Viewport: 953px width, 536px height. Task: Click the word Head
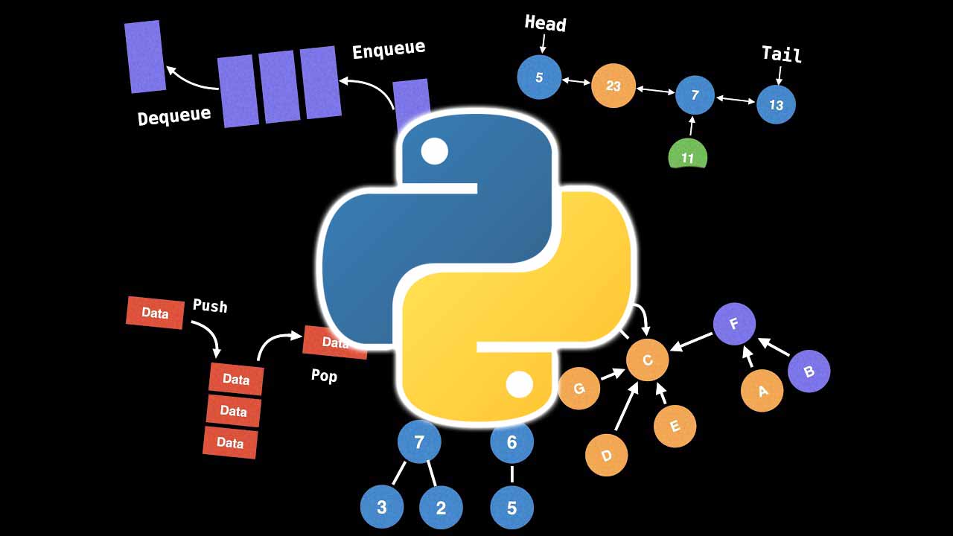[545, 23]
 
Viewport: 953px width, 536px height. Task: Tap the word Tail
[781, 54]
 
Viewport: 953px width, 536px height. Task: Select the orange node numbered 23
[613, 86]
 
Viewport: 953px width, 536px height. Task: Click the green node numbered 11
[687, 156]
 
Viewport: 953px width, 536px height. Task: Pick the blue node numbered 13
[776, 105]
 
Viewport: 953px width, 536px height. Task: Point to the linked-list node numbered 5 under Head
[539, 77]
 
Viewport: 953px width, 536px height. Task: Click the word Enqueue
[389, 51]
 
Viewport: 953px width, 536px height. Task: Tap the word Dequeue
[174, 115]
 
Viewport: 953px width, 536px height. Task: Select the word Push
[210, 305]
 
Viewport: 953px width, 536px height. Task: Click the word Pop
[324, 376]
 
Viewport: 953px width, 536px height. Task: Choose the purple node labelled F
[734, 324]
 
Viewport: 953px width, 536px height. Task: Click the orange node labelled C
[647, 360]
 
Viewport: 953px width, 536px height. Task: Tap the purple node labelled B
[809, 371]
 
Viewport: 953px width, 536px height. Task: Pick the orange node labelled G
[579, 388]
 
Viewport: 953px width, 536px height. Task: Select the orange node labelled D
[606, 455]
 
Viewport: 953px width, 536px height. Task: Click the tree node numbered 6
[511, 442]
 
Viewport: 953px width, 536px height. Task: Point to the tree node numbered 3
[382, 508]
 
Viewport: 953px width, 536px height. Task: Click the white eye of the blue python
[434, 152]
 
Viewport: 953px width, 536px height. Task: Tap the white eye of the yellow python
[519, 385]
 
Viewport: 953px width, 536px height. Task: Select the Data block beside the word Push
[155, 313]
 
